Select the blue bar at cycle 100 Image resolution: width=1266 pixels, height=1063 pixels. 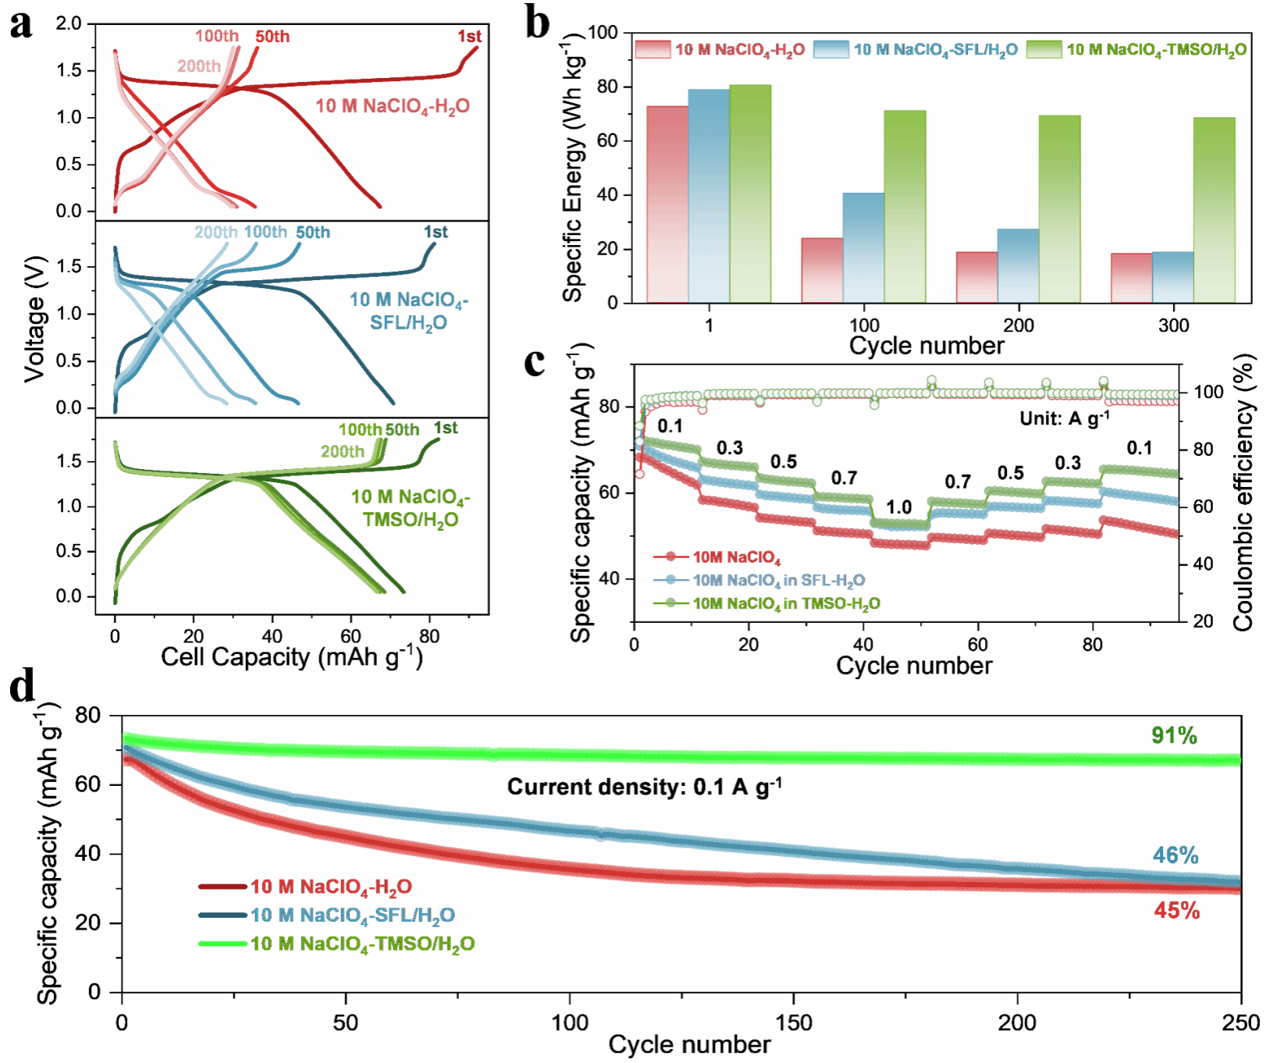[863, 247]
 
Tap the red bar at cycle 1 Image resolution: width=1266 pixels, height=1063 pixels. [667, 204]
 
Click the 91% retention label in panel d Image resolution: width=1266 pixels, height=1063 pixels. [1174, 735]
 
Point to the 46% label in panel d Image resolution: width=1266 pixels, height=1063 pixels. [1175, 855]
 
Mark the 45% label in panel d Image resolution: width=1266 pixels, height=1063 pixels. [1176, 911]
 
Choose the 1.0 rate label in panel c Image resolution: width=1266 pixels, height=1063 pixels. [898, 507]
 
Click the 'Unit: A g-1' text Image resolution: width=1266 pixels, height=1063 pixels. [1064, 418]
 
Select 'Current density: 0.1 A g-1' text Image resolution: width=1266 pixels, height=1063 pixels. [644, 786]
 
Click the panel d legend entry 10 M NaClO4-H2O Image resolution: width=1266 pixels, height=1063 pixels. [331, 887]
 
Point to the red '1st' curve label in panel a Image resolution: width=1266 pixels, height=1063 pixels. [469, 37]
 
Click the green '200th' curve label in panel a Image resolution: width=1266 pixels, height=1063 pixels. [342, 452]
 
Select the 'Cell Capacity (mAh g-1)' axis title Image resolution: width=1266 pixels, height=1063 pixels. [292, 657]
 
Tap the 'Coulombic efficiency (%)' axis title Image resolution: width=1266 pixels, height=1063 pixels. [1243, 494]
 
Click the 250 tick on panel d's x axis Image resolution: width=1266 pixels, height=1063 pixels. [1240, 1022]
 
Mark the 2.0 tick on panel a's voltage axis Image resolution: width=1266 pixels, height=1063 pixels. [69, 23]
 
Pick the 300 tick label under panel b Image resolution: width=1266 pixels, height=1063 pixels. [1173, 325]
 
